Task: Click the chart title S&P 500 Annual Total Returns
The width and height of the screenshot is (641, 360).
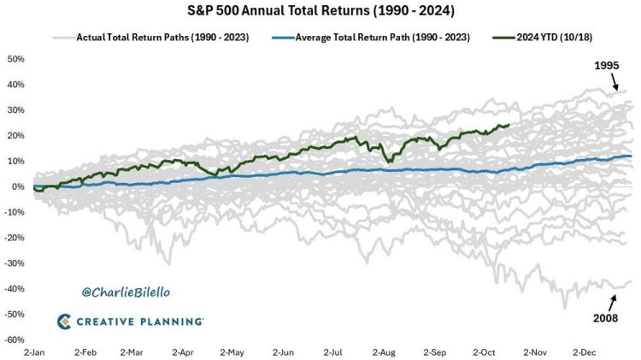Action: (x=320, y=13)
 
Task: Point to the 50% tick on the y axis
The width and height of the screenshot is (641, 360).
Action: (x=15, y=59)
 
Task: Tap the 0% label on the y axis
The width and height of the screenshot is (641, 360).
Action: (x=17, y=186)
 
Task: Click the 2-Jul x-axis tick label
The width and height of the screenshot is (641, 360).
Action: (x=334, y=351)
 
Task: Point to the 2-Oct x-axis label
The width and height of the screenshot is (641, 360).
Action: (x=486, y=351)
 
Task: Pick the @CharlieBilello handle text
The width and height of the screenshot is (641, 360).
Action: (x=126, y=292)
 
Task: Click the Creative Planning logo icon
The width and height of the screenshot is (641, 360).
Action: (x=66, y=322)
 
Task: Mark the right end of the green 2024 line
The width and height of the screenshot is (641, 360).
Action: (x=509, y=125)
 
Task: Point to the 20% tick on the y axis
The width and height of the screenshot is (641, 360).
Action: (x=15, y=136)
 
